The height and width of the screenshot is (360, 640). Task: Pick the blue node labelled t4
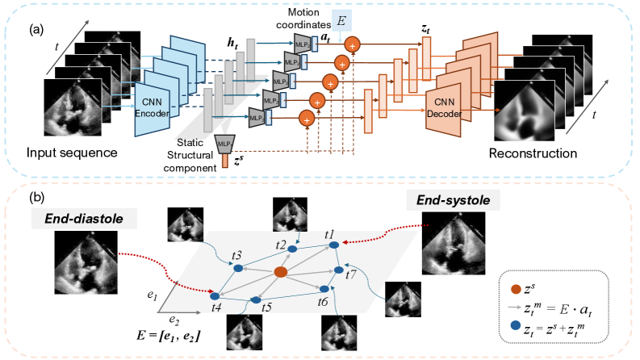pos(215,294)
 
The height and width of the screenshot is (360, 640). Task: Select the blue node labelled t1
pos(329,241)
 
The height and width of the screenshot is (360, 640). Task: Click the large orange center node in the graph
pos(280,274)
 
